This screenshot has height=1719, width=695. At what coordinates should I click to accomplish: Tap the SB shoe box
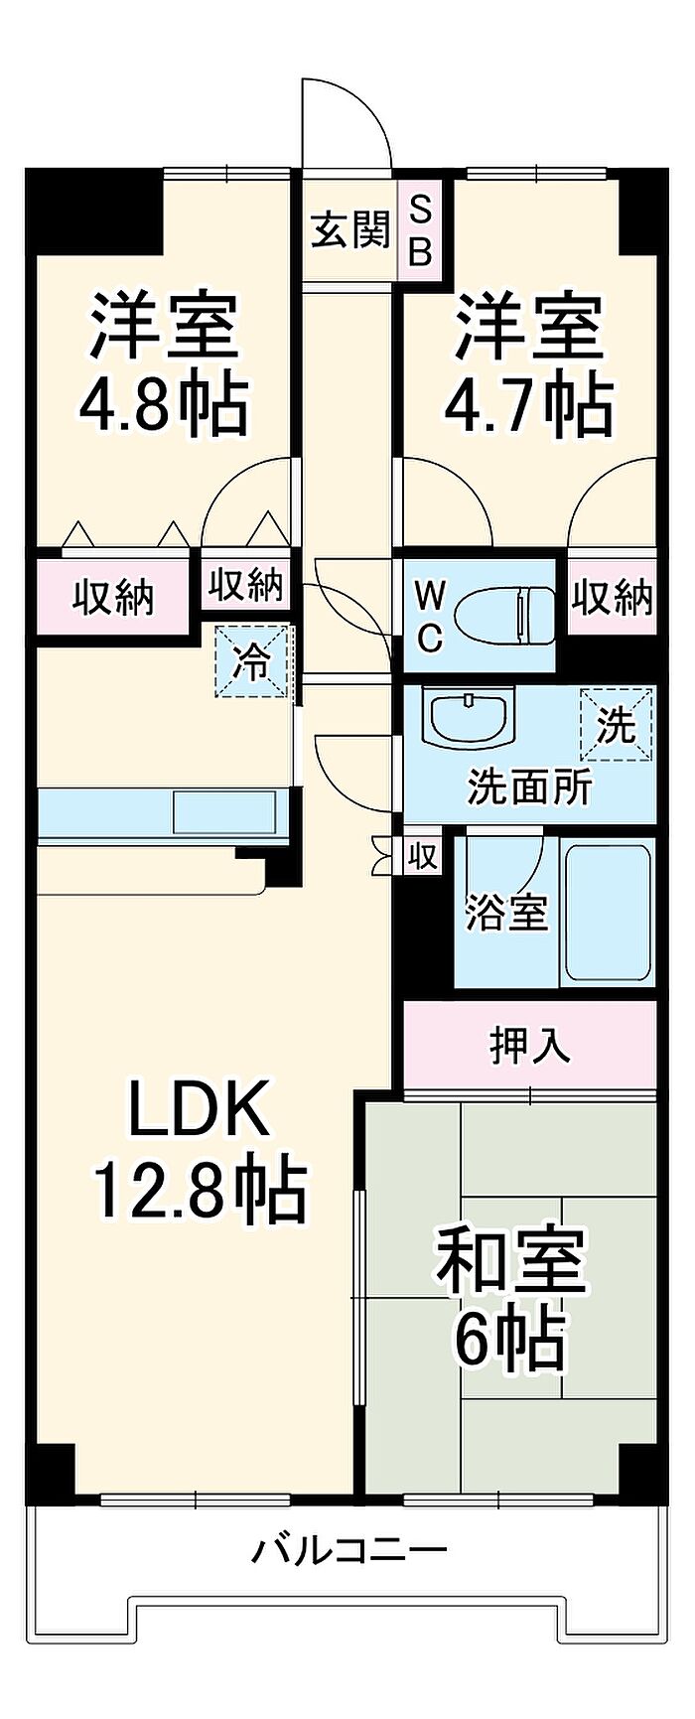pyautogui.click(x=421, y=230)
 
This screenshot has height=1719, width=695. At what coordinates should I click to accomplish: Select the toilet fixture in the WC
pyautogui.click(x=505, y=617)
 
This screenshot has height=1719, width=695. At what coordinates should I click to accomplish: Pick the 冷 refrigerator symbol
pyautogui.click(x=256, y=660)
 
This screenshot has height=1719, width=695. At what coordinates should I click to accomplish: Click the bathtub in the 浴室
pyautogui.click(x=607, y=914)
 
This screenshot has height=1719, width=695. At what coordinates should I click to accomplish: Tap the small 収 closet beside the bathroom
pyautogui.click(x=422, y=855)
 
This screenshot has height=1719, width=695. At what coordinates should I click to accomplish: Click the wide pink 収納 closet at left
pyautogui.click(x=112, y=598)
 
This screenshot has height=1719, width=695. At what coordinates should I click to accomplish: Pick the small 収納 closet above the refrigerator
pyautogui.click(x=245, y=585)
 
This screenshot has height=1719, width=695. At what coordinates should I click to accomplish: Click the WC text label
pyautogui.click(x=428, y=617)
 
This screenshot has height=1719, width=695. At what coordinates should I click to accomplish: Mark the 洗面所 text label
pyautogui.click(x=529, y=787)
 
